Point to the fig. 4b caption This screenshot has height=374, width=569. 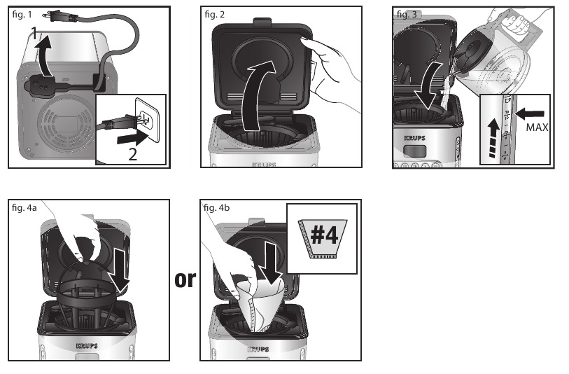[x=217, y=207]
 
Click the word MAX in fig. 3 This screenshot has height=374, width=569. [x=536, y=128]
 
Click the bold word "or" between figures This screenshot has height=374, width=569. [x=185, y=279]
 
